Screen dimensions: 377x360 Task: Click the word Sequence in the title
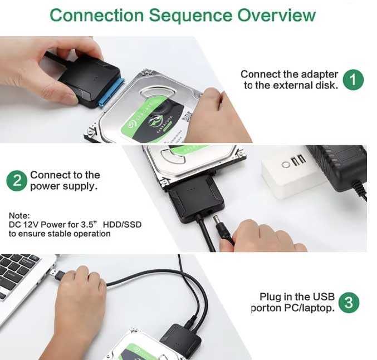(191, 16)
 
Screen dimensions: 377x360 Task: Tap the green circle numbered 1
(353, 80)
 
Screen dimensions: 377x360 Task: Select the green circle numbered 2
(17, 181)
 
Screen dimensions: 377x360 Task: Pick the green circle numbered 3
(349, 303)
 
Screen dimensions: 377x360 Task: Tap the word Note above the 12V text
(19, 215)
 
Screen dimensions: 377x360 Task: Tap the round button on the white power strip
(286, 165)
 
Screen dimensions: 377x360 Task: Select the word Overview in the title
(276, 15)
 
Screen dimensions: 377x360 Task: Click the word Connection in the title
(97, 15)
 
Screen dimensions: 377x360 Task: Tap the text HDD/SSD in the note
(122, 225)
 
